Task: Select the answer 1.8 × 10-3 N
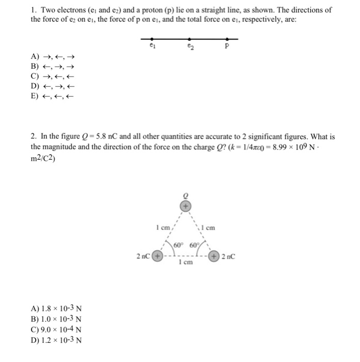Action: pyautogui.click(x=57, y=310)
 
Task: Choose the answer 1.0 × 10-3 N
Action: pyautogui.click(x=57, y=320)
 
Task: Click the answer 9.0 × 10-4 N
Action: pyautogui.click(x=57, y=329)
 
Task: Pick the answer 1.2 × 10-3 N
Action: pyautogui.click(x=57, y=339)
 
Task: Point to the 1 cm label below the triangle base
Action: pyautogui.click(x=185, y=263)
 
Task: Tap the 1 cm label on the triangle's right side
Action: pyautogui.click(x=209, y=227)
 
